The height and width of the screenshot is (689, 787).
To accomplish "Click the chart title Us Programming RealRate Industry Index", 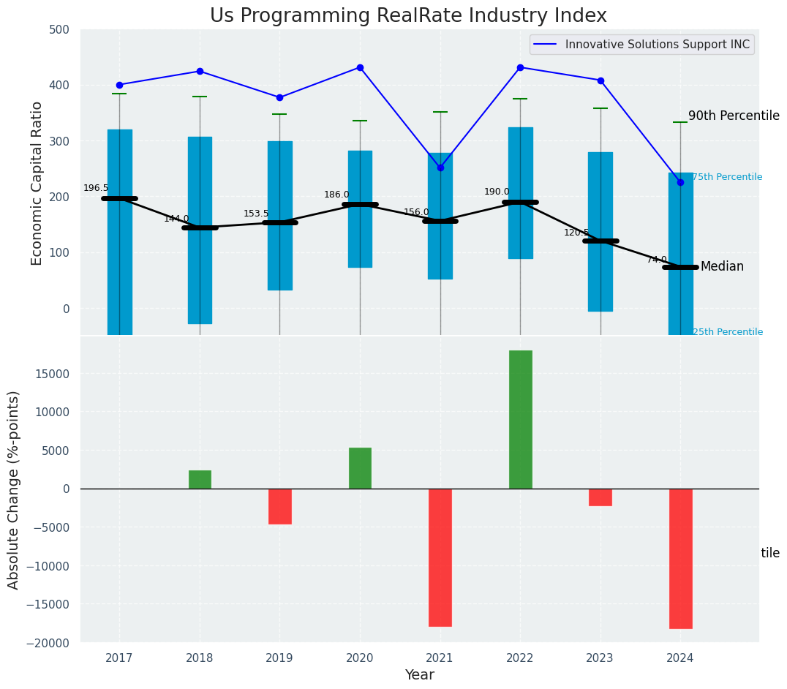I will [408, 16].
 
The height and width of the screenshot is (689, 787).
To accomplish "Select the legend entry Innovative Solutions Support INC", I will [657, 45].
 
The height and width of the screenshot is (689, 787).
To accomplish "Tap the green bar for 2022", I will [520, 419].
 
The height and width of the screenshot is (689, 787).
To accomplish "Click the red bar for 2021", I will [440, 557].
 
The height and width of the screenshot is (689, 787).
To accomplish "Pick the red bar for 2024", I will [680, 558].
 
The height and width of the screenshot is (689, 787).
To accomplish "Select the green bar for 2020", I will [360, 468].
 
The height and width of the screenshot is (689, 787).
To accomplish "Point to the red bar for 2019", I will [279, 506].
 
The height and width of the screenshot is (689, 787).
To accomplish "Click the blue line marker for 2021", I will [440, 167].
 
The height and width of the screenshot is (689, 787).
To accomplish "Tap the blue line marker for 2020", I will [360, 67].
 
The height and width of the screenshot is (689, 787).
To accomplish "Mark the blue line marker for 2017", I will [119, 85].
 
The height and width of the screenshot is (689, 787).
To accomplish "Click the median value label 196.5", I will [96, 188].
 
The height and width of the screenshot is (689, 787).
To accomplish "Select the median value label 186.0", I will [336, 195].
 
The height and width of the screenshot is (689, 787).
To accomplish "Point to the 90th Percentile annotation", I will [734, 116].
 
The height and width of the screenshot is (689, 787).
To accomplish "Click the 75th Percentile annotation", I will [727, 177].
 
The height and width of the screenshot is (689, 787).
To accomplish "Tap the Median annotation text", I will [722, 266].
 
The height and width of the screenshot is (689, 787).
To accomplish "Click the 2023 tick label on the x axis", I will [600, 658].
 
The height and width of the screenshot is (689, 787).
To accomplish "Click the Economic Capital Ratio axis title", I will [37, 183].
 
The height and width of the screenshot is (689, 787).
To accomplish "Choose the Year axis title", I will [419, 675].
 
